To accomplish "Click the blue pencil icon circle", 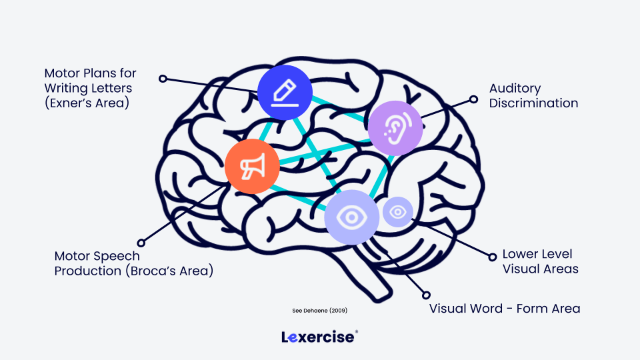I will pyautogui.click(x=285, y=93).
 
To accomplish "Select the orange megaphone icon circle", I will pyautogui.click(x=252, y=167).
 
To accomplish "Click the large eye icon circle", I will pyautogui.click(x=352, y=217).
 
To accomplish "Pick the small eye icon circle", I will pyautogui.click(x=398, y=212).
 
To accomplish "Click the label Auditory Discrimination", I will pyautogui.click(x=533, y=95).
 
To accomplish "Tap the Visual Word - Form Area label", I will pyautogui.click(x=505, y=308).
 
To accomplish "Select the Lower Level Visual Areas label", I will pyautogui.click(x=540, y=261).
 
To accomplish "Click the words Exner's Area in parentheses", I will pyautogui.click(x=87, y=103).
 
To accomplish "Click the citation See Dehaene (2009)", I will pyautogui.click(x=320, y=311).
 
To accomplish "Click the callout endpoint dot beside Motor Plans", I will pyautogui.click(x=163, y=78).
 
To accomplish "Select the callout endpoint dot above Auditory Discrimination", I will pyautogui.click(x=473, y=99).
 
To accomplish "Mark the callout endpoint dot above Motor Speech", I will pyautogui.click(x=141, y=243).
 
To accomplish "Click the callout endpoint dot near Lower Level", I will pyautogui.click(x=492, y=256).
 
